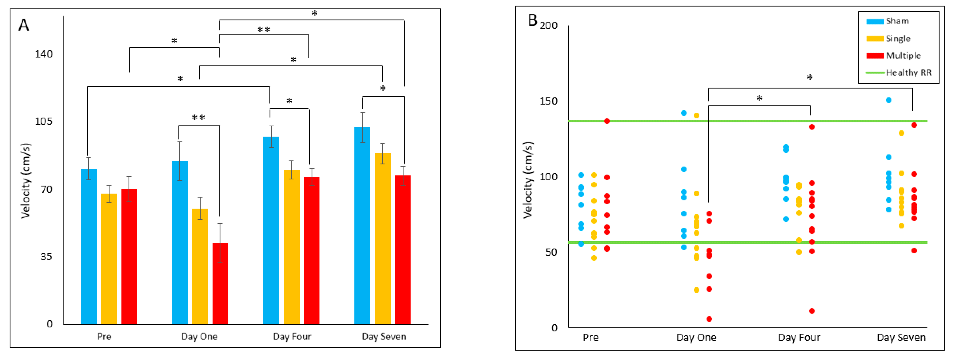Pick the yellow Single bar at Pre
[108, 259]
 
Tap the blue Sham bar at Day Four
[271, 230]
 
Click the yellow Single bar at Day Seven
[383, 239]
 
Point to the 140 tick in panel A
[44, 54]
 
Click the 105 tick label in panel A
[44, 122]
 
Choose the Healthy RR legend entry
[908, 72]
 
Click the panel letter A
[24, 25]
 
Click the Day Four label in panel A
[292, 337]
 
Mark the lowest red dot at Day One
[709, 319]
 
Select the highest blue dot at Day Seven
[889, 100]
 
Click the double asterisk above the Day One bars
[198, 118]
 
